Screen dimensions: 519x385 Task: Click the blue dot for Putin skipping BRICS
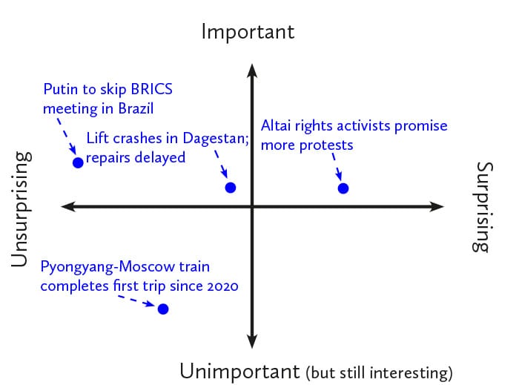(78, 162)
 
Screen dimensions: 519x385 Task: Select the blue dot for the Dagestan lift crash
(231, 188)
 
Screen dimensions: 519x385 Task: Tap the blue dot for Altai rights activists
(343, 188)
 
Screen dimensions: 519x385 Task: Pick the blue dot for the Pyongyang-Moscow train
(163, 309)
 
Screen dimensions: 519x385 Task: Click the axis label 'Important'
(248, 32)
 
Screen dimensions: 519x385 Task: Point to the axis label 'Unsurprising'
(22, 209)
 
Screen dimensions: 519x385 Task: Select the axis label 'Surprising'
(483, 207)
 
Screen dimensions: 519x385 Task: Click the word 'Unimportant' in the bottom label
(239, 371)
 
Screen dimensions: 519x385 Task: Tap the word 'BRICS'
(152, 89)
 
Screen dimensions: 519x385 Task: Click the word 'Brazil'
(136, 108)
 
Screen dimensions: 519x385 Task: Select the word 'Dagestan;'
(216, 139)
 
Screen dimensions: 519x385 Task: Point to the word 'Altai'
(276, 126)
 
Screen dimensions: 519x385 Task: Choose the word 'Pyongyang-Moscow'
(108, 267)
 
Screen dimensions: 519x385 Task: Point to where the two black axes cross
(252, 206)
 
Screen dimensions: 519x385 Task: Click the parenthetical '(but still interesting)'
(379, 372)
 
